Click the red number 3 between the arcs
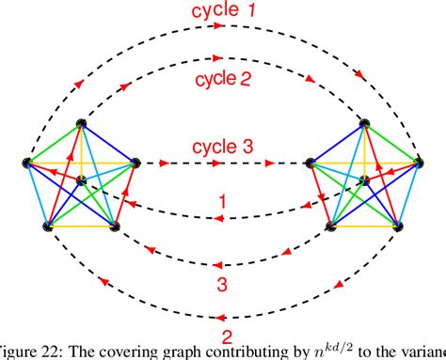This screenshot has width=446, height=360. pyautogui.click(x=223, y=280)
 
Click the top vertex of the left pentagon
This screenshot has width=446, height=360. pyautogui.click(x=82, y=124)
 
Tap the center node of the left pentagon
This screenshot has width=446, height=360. pyautogui.click(x=83, y=180)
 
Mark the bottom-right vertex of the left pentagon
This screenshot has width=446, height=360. pyautogui.click(x=115, y=227)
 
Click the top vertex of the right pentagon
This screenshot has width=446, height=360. pyautogui.click(x=364, y=124)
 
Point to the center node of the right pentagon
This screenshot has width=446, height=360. pyautogui.click(x=364, y=180)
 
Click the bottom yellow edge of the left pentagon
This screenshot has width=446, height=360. pyautogui.click(x=81, y=227)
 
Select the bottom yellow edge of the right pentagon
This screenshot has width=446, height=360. pyautogui.click(x=364, y=227)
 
